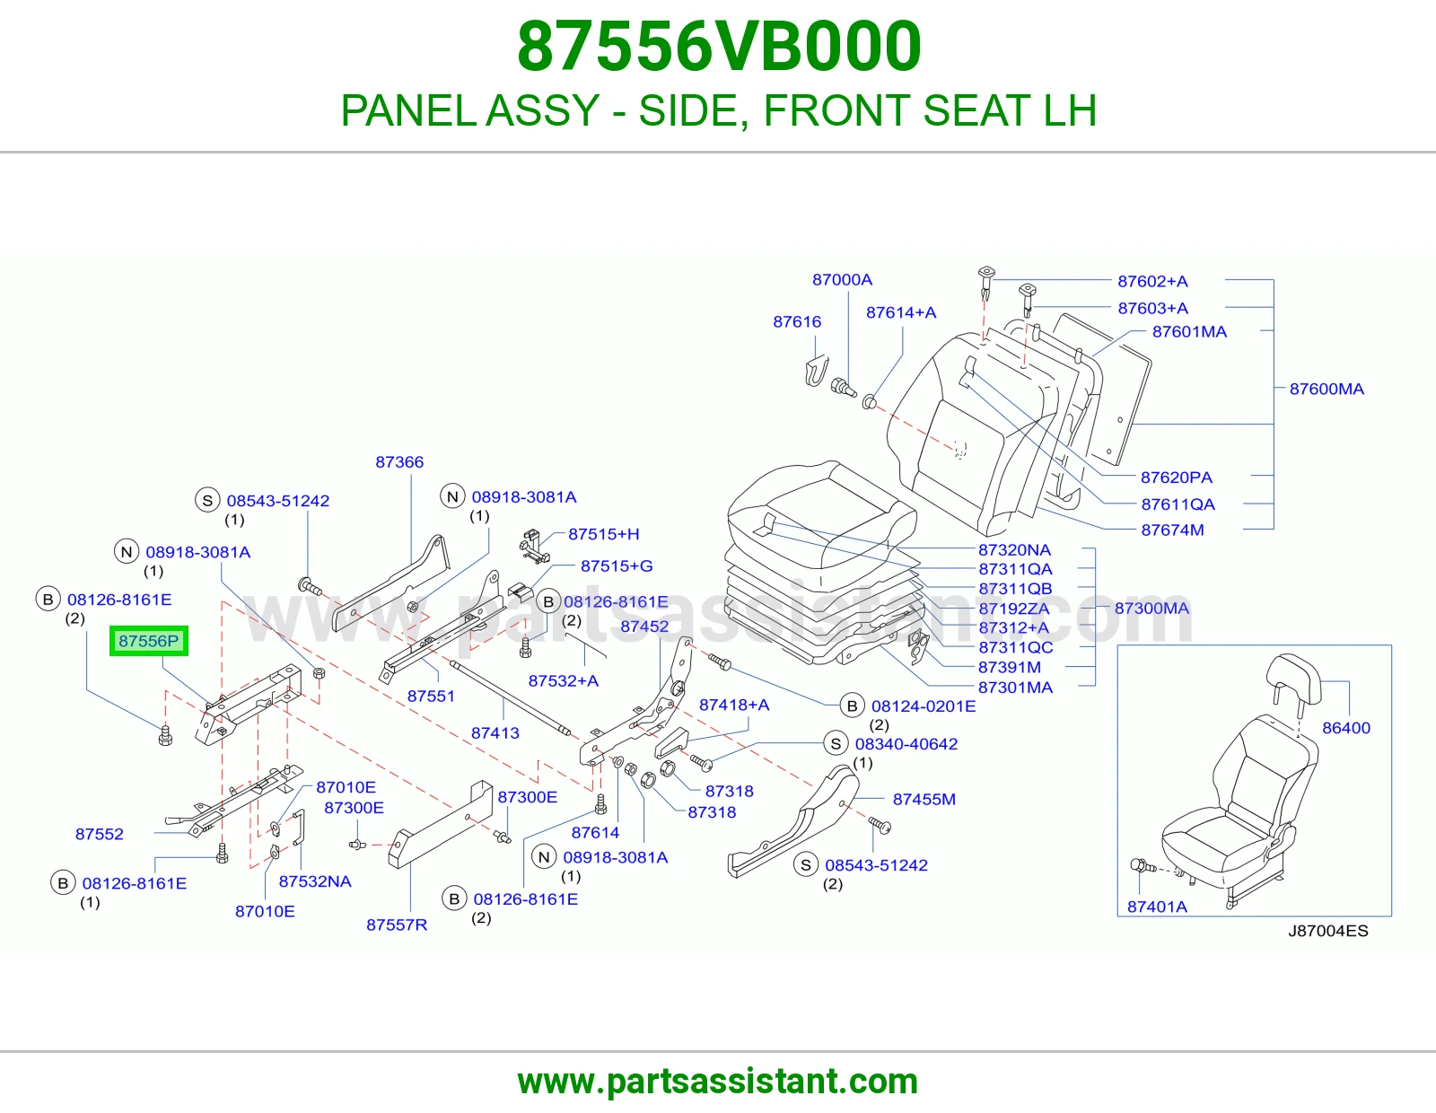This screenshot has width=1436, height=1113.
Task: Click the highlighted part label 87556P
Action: (x=149, y=641)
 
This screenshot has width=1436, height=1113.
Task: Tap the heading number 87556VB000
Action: (x=719, y=47)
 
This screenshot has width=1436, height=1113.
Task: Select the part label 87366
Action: (x=399, y=462)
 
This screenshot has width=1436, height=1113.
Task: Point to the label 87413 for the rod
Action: (x=495, y=733)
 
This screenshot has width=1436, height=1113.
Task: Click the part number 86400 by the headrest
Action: (x=1346, y=728)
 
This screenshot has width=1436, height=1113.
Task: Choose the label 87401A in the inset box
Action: (x=1157, y=907)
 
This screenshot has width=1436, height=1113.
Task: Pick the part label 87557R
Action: (x=397, y=925)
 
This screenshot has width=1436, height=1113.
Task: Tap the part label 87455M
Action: (x=924, y=799)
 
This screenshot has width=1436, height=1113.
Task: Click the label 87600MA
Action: (x=1327, y=389)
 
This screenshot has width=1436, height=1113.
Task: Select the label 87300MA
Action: (x=1151, y=608)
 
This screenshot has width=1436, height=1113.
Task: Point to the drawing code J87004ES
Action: (x=1328, y=931)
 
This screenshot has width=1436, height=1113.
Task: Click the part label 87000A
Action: (x=842, y=279)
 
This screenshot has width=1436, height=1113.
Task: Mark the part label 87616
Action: (x=797, y=322)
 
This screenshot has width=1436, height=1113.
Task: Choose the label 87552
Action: (x=99, y=834)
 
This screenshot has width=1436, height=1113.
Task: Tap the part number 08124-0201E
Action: (x=924, y=705)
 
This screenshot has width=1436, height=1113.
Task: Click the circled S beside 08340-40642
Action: (x=836, y=743)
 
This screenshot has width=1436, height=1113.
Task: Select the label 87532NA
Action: (x=314, y=881)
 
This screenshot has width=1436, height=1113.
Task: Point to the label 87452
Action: (x=644, y=626)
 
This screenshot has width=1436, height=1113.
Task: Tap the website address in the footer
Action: (x=718, y=1082)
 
